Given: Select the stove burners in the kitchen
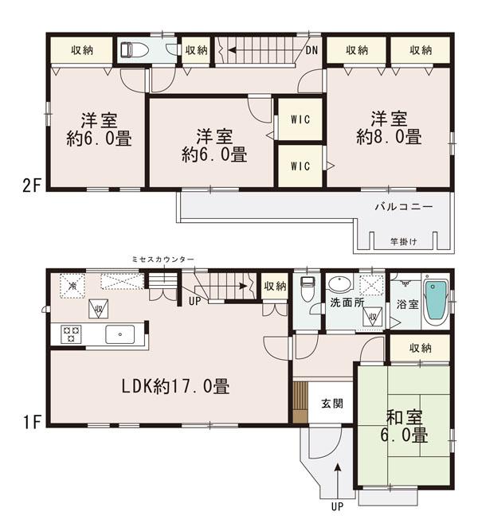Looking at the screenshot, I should coord(66,335).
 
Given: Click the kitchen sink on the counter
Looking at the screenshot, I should coord(120,334).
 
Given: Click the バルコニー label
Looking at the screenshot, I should coord(404,206).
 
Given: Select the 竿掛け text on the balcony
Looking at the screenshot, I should coord(402,241).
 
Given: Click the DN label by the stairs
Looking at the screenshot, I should coord(312,50).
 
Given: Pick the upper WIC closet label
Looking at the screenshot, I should coord(300,119).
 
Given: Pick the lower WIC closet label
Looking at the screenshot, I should coord(300,166).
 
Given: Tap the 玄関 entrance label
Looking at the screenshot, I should coord(332,403).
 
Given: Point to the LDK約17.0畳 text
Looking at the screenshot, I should coord(175,388).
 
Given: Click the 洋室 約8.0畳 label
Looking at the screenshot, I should coord(389,128).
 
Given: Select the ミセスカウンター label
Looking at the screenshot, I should coord(162,260).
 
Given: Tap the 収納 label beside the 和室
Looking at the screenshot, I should coord(421,348).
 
